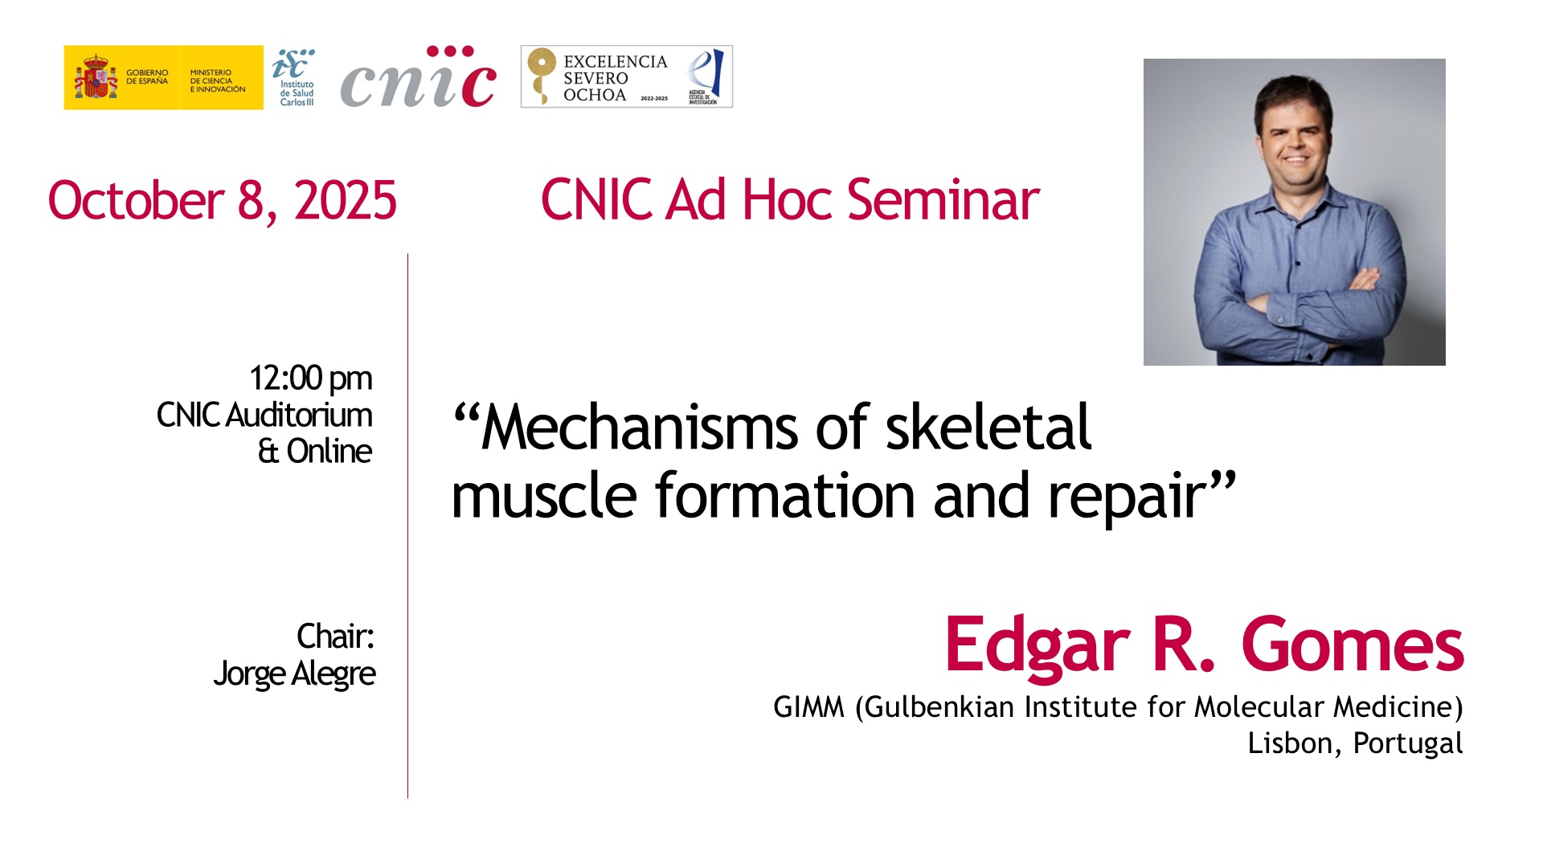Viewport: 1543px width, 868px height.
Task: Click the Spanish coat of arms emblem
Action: coord(96,77)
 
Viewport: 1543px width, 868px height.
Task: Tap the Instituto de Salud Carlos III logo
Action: coord(293,78)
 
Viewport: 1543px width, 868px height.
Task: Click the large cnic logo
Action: coord(418,76)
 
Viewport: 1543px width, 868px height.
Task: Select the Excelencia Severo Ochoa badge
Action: coord(627,76)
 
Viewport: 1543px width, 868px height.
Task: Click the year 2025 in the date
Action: coord(346,200)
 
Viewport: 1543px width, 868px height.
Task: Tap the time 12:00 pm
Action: coord(311,378)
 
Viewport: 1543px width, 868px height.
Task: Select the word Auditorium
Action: coord(299,415)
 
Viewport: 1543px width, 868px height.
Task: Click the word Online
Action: coord(329,451)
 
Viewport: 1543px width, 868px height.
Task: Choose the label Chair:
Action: coord(336,636)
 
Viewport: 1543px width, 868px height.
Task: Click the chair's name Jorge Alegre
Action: coord(294,674)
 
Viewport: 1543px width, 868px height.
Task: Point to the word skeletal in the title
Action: coord(988,426)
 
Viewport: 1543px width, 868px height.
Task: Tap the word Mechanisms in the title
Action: coord(640,427)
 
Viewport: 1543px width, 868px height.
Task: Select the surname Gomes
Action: coord(1353,645)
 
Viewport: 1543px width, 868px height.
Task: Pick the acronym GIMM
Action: coord(808,707)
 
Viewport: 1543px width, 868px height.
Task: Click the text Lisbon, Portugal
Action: coord(1355,743)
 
